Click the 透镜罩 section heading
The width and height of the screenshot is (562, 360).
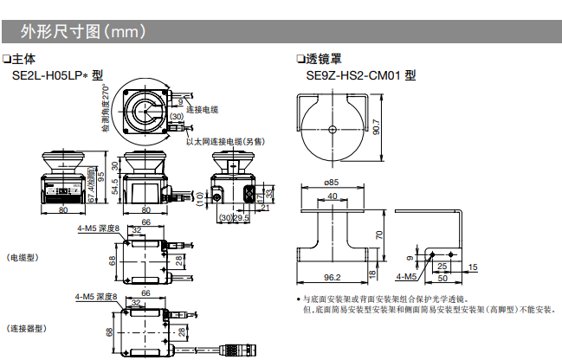tap(324, 60)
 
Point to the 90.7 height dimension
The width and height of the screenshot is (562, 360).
tap(376, 127)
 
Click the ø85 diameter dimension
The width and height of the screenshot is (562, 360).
tap(332, 182)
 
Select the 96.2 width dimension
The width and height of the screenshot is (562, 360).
tap(332, 277)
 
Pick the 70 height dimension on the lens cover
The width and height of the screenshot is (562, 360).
tap(378, 235)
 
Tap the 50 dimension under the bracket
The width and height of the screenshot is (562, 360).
tap(442, 277)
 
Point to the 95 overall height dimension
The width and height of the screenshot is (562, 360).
tap(101, 177)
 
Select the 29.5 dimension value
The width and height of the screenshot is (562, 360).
tap(242, 218)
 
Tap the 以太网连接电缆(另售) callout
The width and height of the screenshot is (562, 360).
tap(226, 141)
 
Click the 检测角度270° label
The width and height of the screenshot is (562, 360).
tap(106, 109)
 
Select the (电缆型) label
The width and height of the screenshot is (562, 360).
tap(23, 258)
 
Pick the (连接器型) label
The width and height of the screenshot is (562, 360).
tap(26, 328)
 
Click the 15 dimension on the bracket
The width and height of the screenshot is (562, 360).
tap(472, 266)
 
